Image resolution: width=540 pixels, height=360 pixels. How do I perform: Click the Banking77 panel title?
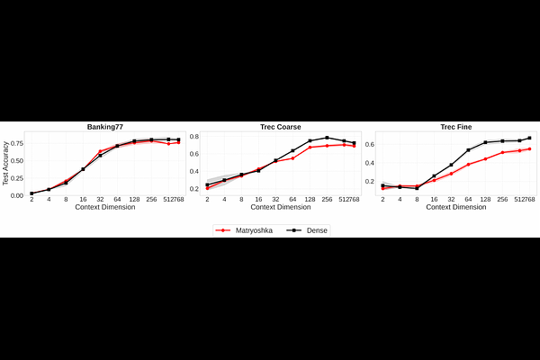[104, 127]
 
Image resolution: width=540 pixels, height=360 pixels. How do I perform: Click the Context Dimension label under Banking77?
[104, 208]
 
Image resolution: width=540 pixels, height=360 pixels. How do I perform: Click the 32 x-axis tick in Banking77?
[100, 201]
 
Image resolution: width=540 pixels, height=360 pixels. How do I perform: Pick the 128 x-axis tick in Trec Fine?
[485, 201]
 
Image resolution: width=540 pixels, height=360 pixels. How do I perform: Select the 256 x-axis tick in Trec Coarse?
[327, 201]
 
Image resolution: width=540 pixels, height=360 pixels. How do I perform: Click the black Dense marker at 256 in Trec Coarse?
[327, 138]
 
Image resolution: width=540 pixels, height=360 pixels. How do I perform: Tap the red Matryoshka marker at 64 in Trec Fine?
[468, 165]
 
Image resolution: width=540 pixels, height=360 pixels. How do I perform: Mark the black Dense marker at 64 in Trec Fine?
[468, 150]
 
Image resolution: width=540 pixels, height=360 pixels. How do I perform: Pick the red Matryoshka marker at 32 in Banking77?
[100, 151]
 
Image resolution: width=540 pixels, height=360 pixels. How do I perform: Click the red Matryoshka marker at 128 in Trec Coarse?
[310, 148]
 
